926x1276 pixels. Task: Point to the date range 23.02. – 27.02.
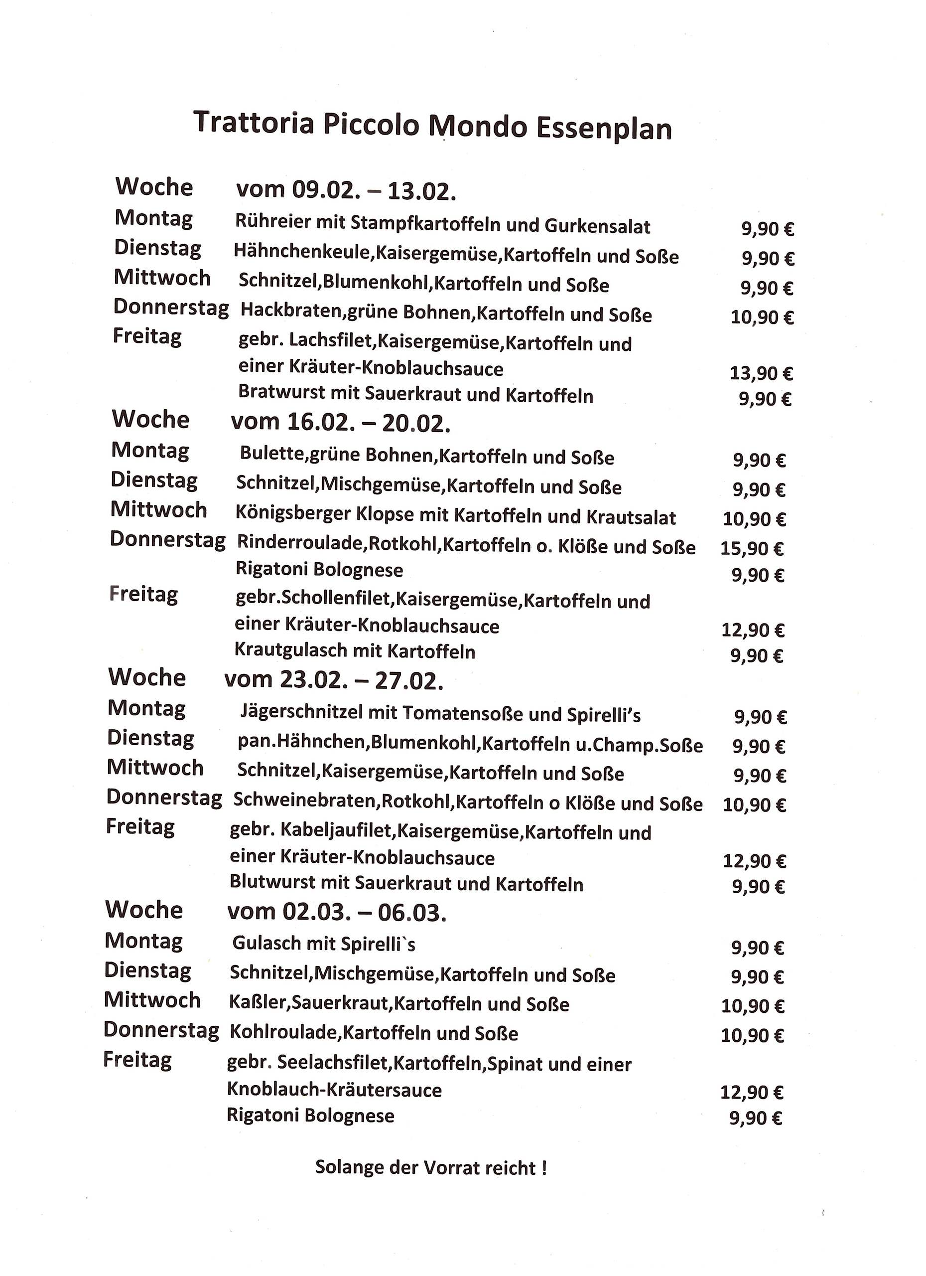click(362, 681)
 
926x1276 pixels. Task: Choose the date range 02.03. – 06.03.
click(364, 913)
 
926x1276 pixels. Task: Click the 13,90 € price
click(761, 373)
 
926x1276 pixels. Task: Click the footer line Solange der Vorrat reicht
click(431, 1167)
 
